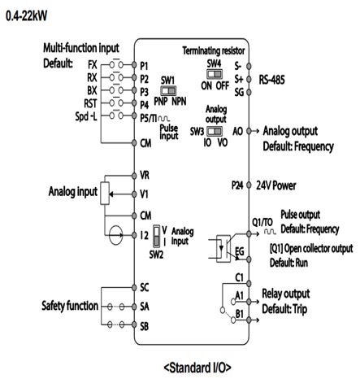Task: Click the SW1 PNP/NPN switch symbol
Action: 168,90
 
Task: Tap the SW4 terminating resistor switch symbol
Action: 215,74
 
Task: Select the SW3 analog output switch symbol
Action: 215,131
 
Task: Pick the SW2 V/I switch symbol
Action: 157,236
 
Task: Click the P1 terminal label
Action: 144,66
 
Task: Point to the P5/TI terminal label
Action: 148,118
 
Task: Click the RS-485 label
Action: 271,80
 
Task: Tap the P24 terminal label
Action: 237,185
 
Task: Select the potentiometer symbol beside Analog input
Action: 105,194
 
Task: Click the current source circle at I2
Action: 116,235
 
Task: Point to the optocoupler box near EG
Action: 223,248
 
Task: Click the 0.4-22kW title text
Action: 26,15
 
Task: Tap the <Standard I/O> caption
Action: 197,368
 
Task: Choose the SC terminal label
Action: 145,287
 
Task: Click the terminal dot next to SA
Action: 134,307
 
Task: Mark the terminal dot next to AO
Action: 249,131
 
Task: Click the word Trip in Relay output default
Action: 299,309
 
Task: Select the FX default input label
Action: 92,65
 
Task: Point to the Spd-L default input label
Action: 86,116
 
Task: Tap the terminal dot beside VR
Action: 134,176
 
